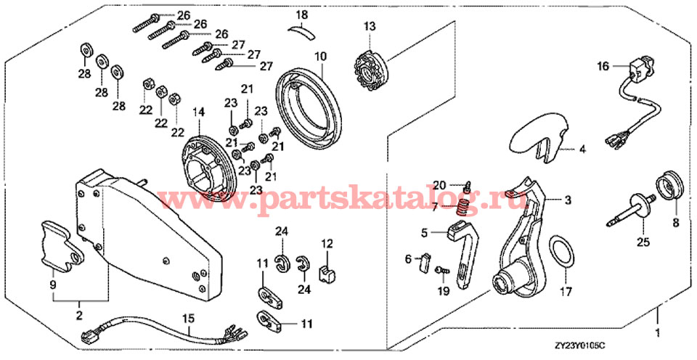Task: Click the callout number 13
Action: (370, 27)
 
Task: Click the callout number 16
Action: (603, 66)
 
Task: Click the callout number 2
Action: (79, 315)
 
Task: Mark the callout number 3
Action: (568, 200)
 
